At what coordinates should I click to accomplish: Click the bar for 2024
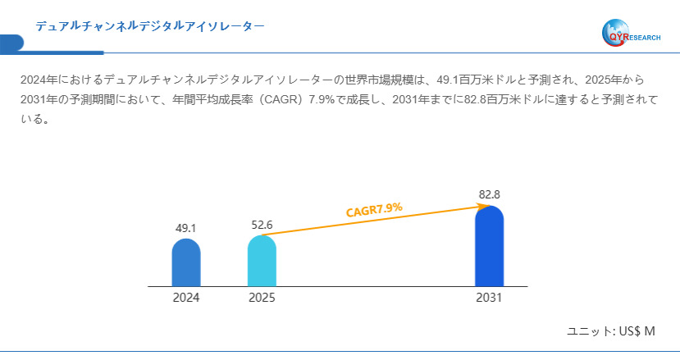(186, 263)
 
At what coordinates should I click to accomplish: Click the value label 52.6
(262, 225)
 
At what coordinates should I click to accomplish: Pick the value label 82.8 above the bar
(489, 194)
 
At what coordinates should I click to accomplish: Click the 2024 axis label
(186, 298)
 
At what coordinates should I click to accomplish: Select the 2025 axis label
(262, 298)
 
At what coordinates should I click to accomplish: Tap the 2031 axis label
(489, 298)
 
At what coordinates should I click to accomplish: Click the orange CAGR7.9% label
(374, 210)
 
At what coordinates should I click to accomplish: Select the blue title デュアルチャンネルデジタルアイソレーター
(150, 26)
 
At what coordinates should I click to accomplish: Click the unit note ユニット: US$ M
(611, 331)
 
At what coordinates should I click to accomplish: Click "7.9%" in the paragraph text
(324, 99)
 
